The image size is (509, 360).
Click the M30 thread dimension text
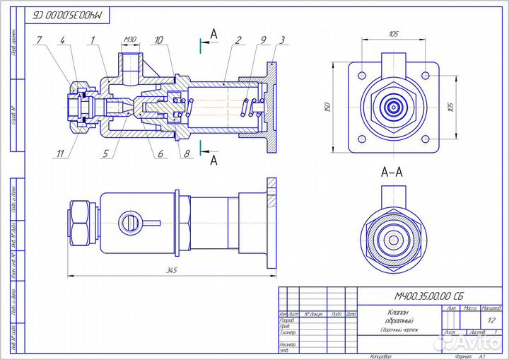point(129,39)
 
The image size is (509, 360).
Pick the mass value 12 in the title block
point(491,320)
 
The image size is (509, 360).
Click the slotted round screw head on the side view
point(128,222)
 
